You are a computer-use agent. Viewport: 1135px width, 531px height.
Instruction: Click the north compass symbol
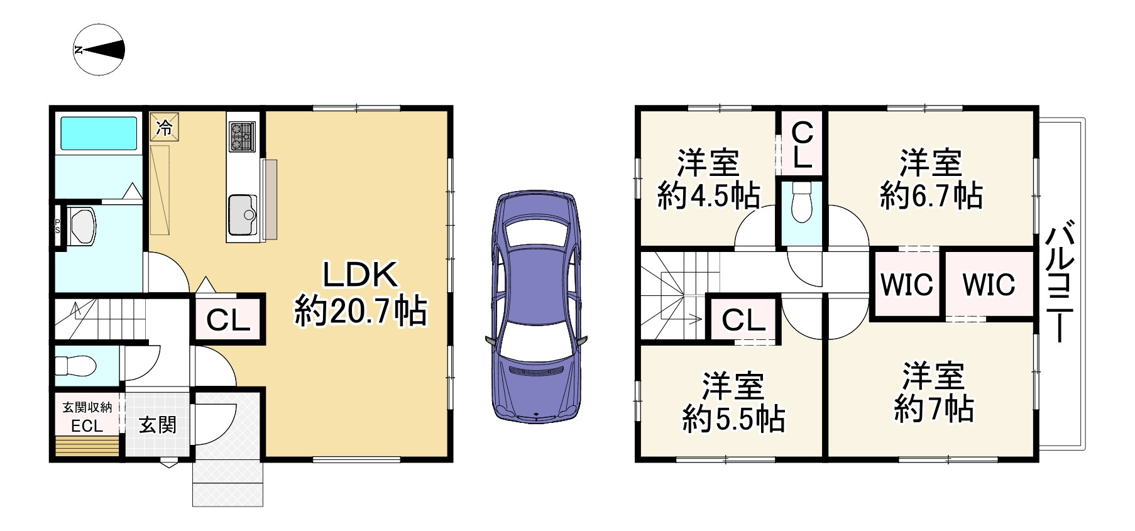point(99,50)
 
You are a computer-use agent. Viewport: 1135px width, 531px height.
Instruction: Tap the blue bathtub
point(98,134)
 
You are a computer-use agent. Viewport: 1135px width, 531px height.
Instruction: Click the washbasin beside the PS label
point(82,226)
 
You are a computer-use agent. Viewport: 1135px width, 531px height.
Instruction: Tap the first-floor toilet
point(74,364)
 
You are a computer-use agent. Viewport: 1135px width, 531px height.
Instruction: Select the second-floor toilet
point(801,202)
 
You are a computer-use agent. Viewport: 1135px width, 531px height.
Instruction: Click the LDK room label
point(360,275)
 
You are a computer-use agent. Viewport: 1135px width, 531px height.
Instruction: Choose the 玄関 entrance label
point(157,425)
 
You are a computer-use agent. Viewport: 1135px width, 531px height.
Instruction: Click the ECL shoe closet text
point(87,426)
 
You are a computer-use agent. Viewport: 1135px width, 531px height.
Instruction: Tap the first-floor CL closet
point(229,320)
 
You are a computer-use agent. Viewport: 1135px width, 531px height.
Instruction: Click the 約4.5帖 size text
point(708,196)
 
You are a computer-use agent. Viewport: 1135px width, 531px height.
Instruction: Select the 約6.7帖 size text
point(931,196)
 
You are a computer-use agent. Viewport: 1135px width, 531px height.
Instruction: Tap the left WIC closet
point(906,284)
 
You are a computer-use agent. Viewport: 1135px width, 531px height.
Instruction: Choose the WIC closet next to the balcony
point(989,284)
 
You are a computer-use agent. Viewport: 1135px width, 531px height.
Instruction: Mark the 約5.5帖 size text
point(733,419)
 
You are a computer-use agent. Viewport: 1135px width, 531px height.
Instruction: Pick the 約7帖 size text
point(934,409)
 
